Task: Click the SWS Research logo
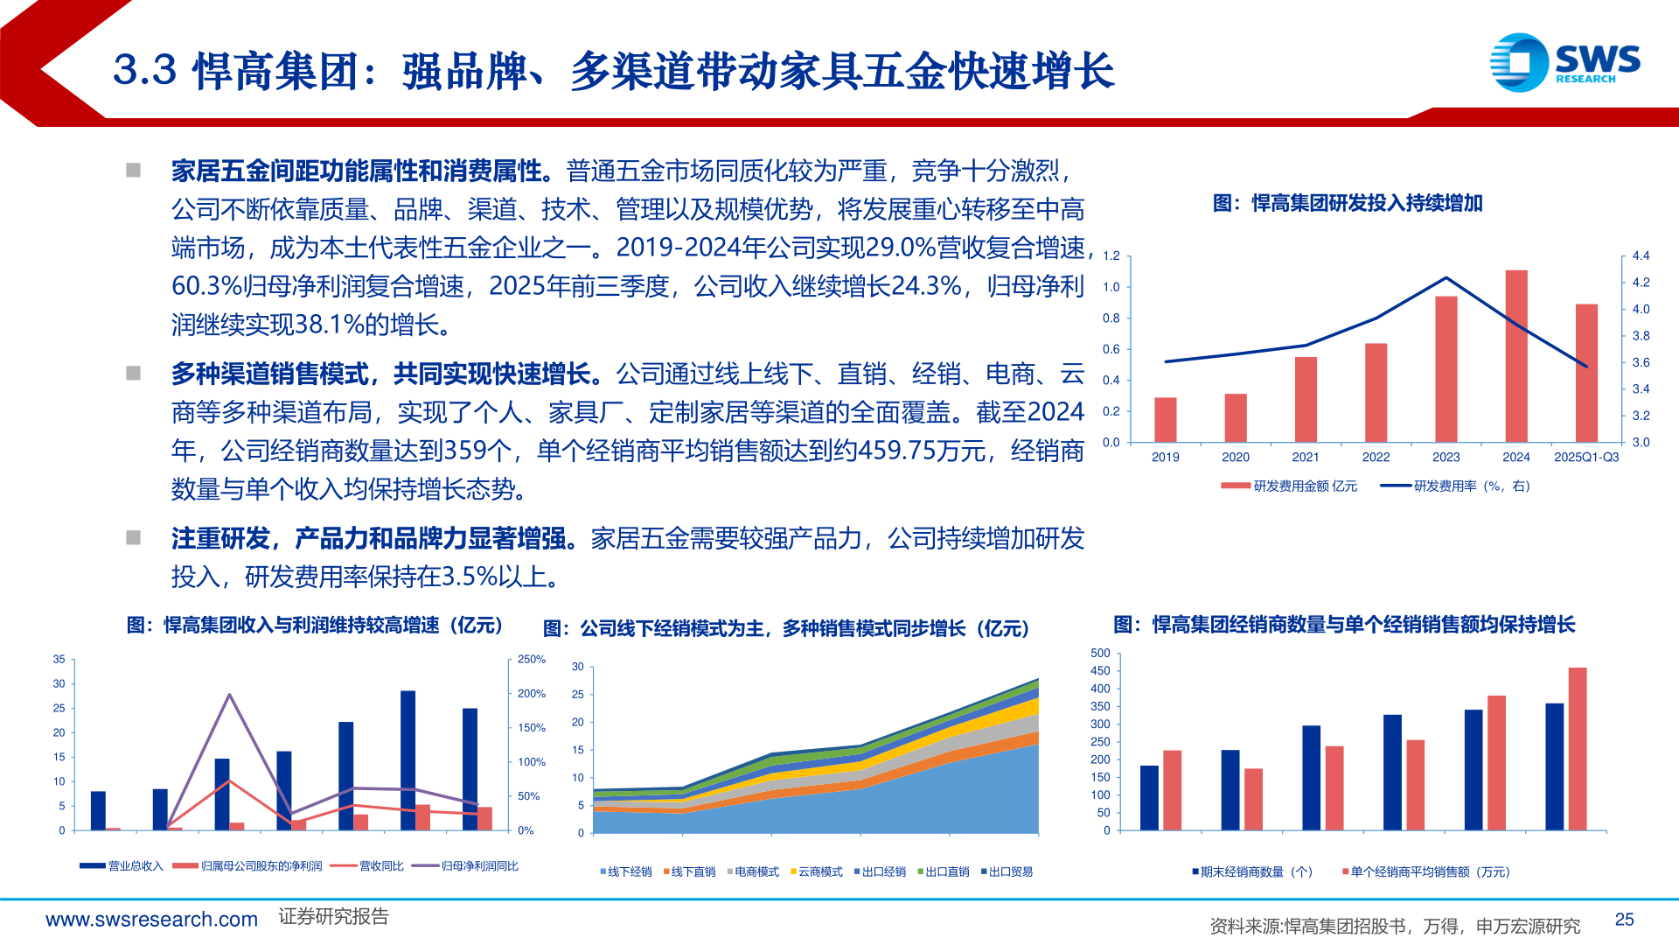(1564, 62)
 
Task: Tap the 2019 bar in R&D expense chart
(1165, 420)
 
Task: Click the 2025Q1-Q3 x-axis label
(1585, 457)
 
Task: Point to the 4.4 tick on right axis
(1641, 255)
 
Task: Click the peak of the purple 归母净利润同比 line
(229, 695)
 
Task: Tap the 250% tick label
(531, 659)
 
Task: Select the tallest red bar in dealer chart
(1577, 748)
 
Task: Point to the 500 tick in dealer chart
(1100, 653)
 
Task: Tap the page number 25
(1624, 919)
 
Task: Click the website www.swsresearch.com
(151, 919)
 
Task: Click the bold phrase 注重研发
(219, 538)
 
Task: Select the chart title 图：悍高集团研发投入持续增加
(1347, 203)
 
